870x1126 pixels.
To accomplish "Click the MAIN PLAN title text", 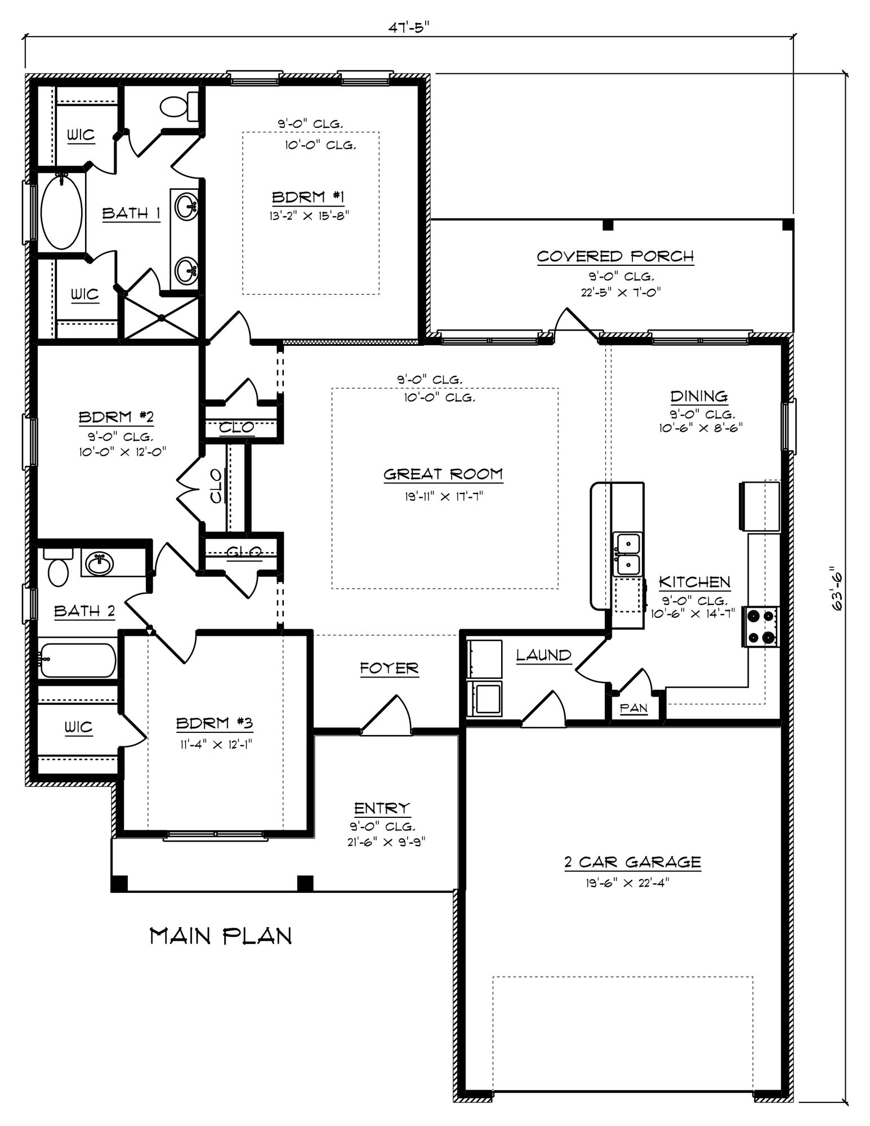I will click(x=221, y=936).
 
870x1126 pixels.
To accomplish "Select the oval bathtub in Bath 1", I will click(x=61, y=212).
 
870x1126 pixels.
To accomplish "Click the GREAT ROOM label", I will click(x=443, y=474).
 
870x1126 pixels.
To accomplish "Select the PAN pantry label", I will click(x=633, y=708).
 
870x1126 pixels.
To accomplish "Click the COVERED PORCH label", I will click(x=615, y=257).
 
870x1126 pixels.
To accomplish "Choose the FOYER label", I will click(x=389, y=669).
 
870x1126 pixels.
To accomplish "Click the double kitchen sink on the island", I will click(x=627, y=554).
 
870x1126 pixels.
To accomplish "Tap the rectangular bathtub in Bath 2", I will click(x=78, y=660).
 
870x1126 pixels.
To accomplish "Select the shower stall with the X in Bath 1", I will click(x=162, y=318).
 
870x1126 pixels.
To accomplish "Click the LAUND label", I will click(x=543, y=655).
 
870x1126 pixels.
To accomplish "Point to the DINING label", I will click(x=698, y=396).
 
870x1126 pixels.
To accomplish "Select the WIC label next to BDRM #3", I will click(x=78, y=727).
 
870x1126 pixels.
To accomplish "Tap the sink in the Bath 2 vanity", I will click(x=100, y=563).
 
